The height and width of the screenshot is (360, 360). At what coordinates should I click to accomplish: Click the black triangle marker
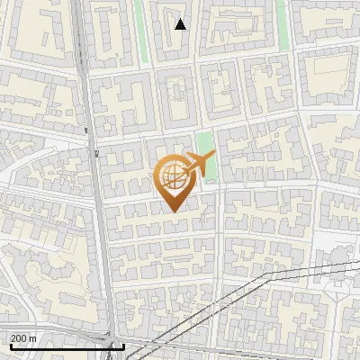click(180, 24)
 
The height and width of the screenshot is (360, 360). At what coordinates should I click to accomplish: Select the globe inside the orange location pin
click(171, 177)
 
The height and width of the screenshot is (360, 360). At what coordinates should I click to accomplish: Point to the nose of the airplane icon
click(214, 157)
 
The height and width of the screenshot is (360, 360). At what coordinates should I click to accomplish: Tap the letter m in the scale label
click(34, 338)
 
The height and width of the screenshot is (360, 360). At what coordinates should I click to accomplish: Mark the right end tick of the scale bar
click(123, 346)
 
